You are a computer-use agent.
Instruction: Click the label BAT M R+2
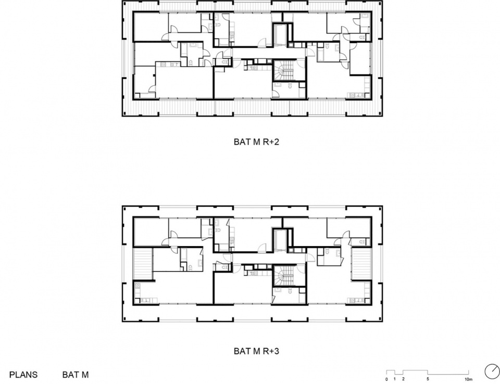click(256, 142)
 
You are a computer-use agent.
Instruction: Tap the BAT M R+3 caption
click(256, 351)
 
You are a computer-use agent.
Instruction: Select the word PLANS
click(23, 375)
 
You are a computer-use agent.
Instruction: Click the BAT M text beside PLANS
click(76, 375)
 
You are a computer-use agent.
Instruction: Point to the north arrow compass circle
click(492, 372)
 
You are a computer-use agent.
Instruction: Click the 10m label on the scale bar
click(468, 379)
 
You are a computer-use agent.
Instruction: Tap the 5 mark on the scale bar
click(428, 379)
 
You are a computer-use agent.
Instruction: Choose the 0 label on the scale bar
click(386, 379)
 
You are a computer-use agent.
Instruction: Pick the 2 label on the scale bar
click(403, 379)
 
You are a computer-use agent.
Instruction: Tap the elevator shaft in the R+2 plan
click(281, 34)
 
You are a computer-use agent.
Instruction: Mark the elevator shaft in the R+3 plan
click(281, 240)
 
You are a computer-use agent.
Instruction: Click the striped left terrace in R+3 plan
click(143, 264)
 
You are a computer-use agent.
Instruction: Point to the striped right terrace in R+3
click(361, 264)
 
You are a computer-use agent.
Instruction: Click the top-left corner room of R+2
click(151, 27)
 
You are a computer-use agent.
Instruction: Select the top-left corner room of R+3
click(151, 232)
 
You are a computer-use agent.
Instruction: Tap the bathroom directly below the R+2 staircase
click(289, 89)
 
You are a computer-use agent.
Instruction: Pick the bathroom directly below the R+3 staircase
click(289, 295)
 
